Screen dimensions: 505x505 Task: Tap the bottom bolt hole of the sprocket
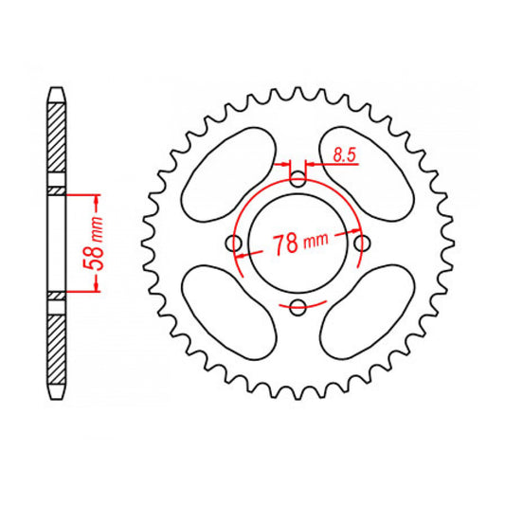pos(298,305)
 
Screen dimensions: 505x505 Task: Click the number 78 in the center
pos(281,244)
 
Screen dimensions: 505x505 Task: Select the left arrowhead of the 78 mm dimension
pos(241,255)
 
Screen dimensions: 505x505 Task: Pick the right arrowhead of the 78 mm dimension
pos(354,232)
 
